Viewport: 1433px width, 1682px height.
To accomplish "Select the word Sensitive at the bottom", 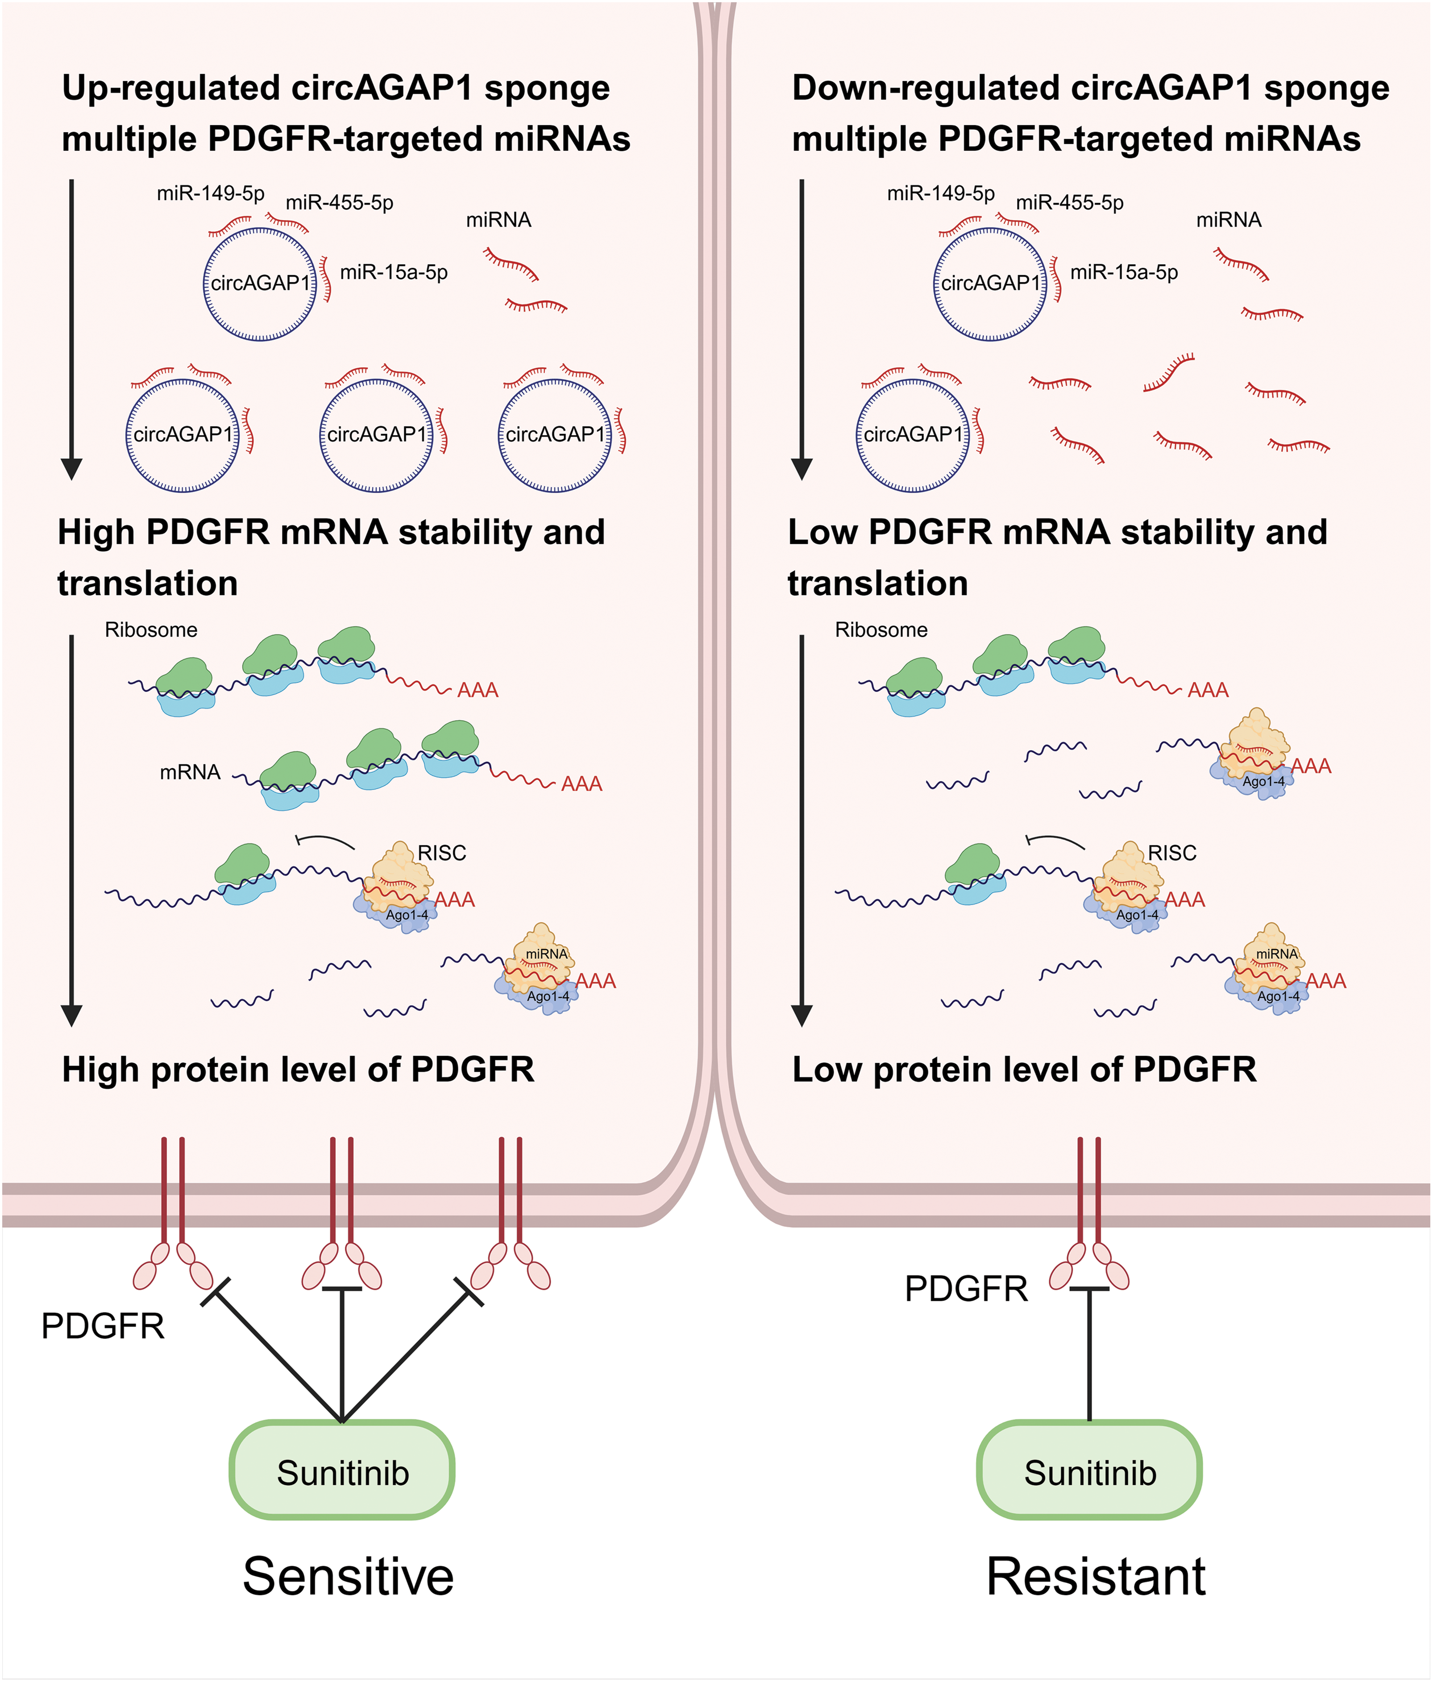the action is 348,1576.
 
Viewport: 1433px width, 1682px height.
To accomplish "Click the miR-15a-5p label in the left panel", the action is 394,272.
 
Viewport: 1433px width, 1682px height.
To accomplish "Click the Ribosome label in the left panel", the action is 151,630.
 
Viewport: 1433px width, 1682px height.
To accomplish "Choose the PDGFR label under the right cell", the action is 966,1289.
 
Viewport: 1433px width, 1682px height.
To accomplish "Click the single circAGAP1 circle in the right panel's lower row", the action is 913,435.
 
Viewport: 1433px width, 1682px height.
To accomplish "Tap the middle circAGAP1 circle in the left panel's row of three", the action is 376,435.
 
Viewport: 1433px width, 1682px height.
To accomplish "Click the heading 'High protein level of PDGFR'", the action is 298,1070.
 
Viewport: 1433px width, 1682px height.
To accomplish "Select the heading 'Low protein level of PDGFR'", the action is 1025,1070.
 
